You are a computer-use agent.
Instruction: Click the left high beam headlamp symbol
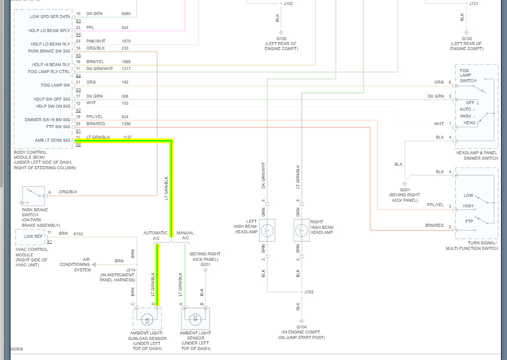pos(267,230)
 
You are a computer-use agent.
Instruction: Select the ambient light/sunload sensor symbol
pos(147,318)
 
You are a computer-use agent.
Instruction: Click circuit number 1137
pos(128,137)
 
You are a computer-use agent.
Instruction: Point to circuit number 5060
pos(126,14)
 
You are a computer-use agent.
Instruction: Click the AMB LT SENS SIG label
pos(53,140)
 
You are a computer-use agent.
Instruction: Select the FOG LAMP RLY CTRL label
pos(49,72)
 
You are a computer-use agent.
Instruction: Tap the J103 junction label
pos(309,292)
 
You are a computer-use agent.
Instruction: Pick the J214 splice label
pos(131,269)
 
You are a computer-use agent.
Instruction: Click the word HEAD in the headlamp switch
pos(469,123)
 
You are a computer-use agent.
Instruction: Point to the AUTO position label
pos(466,109)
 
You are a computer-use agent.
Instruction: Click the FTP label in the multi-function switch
pos(468,221)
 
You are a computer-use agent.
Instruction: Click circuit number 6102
pos(78,234)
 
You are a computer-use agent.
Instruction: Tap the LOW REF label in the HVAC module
pos(33,236)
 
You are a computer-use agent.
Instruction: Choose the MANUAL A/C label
pos(186,235)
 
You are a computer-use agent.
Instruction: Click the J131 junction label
pos(473,4)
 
